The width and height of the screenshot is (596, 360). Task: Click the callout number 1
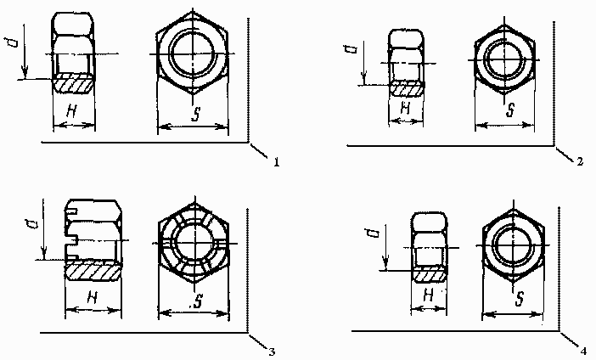(x=276, y=162)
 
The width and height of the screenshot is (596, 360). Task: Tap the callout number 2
(x=580, y=161)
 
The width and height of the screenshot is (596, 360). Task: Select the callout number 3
(x=272, y=352)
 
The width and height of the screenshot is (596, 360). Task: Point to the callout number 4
(x=583, y=352)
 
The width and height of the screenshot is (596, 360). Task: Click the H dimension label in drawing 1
(x=71, y=111)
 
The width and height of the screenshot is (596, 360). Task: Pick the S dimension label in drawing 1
(x=196, y=114)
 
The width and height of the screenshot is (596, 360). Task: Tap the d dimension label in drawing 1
(x=11, y=42)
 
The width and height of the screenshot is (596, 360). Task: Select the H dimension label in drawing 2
(x=406, y=109)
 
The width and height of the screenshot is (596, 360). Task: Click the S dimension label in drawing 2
(x=510, y=110)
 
